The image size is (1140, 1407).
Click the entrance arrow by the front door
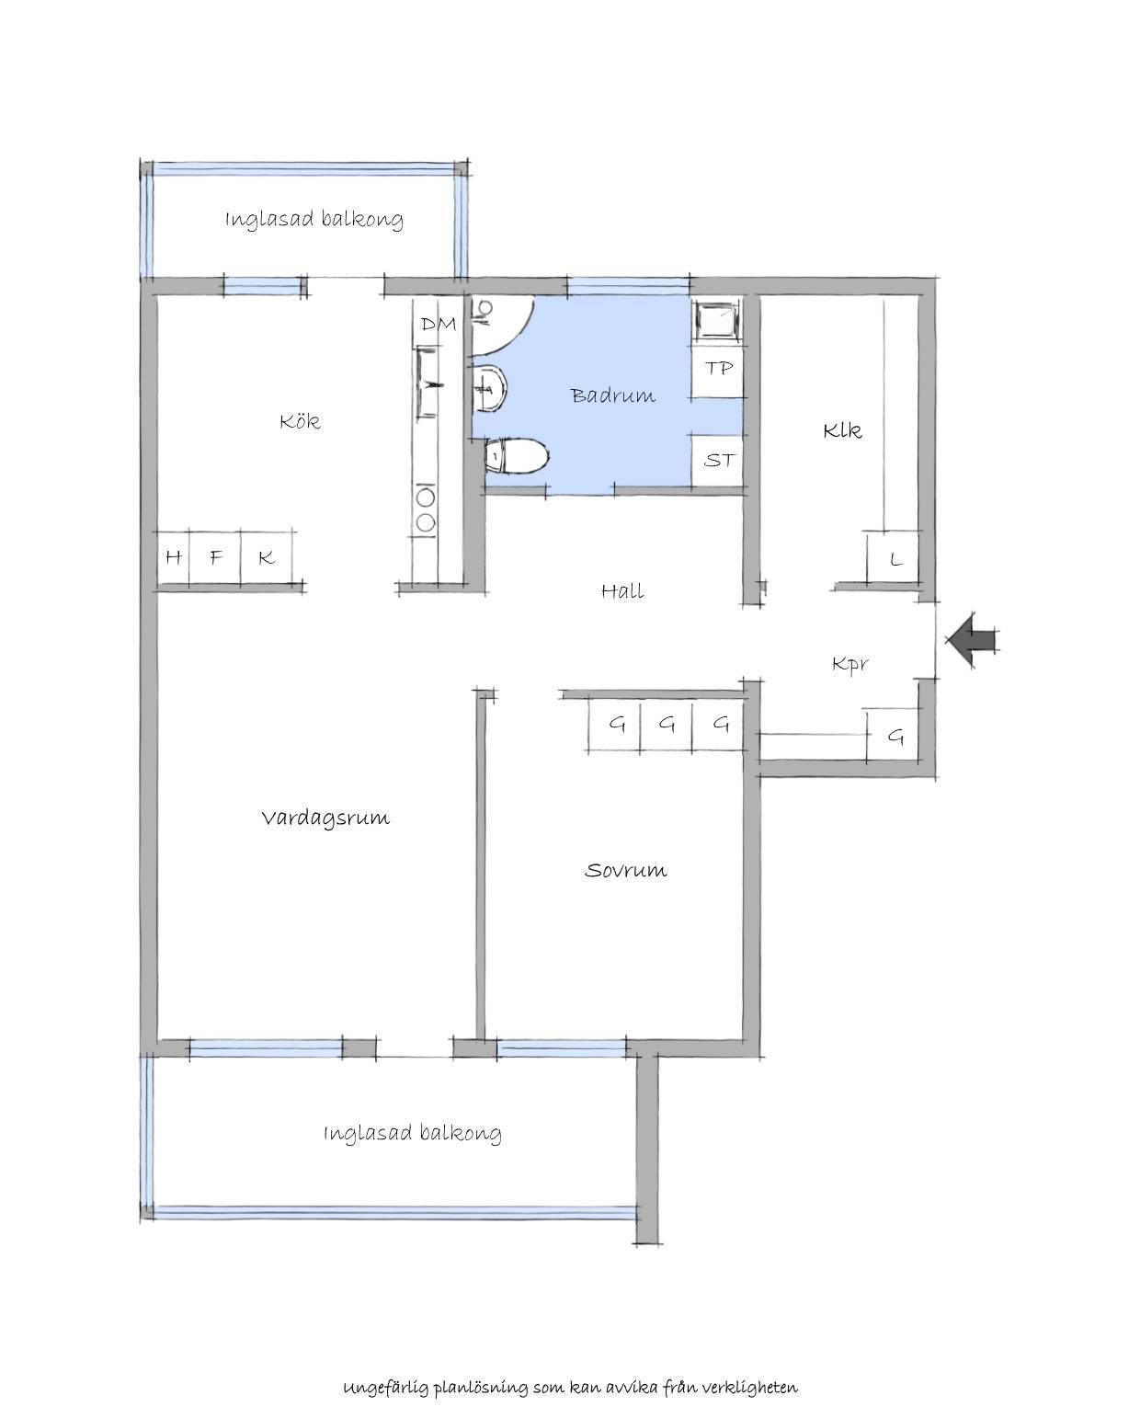[x=972, y=639]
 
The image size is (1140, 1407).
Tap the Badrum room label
[x=613, y=395]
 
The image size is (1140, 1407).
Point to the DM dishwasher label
[x=439, y=324]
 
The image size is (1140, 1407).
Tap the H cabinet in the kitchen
[x=174, y=557]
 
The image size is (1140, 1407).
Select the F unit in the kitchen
[x=215, y=557]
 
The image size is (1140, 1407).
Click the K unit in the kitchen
[x=267, y=557]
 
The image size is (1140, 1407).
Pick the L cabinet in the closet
[x=893, y=558]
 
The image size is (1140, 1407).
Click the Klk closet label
[x=842, y=431]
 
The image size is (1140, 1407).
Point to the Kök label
[x=300, y=421]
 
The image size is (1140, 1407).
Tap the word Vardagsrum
[x=325, y=818]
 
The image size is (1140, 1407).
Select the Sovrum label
[x=625, y=870]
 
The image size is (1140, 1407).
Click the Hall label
[x=622, y=590]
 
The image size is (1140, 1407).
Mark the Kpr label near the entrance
[x=850, y=664]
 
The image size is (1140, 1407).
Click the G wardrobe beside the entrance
[x=893, y=735]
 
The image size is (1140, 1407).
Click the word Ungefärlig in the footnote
[x=387, y=1367]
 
